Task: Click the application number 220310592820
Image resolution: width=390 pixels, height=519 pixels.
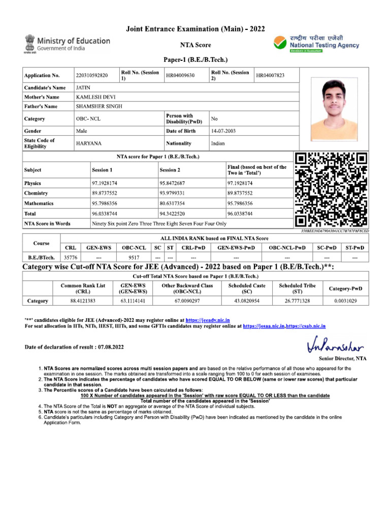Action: click(x=92, y=76)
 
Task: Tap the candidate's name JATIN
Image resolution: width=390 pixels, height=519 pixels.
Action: click(x=83, y=87)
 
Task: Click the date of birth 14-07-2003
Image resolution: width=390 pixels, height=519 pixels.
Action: click(x=224, y=131)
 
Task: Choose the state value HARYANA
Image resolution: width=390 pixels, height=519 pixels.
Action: click(x=88, y=143)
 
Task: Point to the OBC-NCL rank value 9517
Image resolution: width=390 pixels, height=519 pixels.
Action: click(x=134, y=257)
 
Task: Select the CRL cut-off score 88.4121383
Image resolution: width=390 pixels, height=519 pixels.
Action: click(x=83, y=301)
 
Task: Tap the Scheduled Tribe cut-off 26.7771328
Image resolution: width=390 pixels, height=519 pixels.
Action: click(x=297, y=301)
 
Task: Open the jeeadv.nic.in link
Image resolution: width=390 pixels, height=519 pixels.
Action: click(x=208, y=320)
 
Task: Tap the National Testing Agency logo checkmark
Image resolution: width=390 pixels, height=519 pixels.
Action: click(x=280, y=43)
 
